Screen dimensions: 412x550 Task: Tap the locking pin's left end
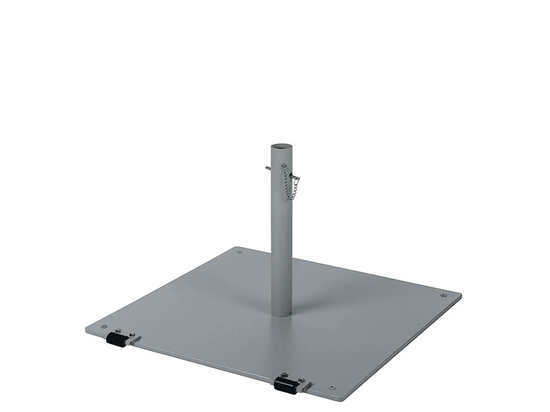coord(268,168)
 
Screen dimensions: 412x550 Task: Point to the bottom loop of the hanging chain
coord(292,198)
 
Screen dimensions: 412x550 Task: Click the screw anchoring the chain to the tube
coord(283,167)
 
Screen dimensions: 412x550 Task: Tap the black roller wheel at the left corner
coord(116,340)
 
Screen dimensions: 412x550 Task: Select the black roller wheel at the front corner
coord(285,385)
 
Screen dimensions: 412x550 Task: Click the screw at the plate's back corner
coord(239,251)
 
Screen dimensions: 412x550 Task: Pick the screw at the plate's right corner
coord(443,295)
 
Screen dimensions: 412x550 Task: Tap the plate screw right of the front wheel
coord(331,387)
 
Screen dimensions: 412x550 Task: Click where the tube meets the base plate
coord(281,314)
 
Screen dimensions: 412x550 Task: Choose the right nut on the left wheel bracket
coord(132,334)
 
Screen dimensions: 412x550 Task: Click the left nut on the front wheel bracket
coord(283,376)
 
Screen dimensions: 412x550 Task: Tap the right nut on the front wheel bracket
coord(300,379)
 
